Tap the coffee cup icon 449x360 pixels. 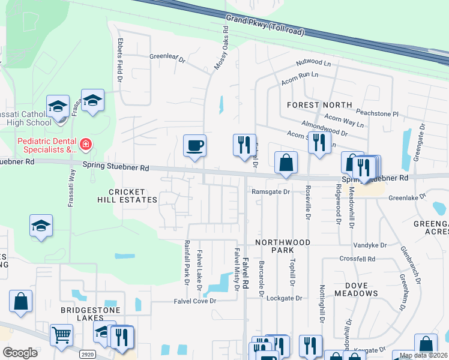(194, 146)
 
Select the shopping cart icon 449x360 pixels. (61, 335)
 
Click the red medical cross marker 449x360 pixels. (85, 145)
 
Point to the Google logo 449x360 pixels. (20, 353)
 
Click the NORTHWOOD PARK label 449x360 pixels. (282, 246)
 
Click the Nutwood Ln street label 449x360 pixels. (313, 62)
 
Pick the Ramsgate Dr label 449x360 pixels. (271, 191)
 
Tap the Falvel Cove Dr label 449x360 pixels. (194, 301)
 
